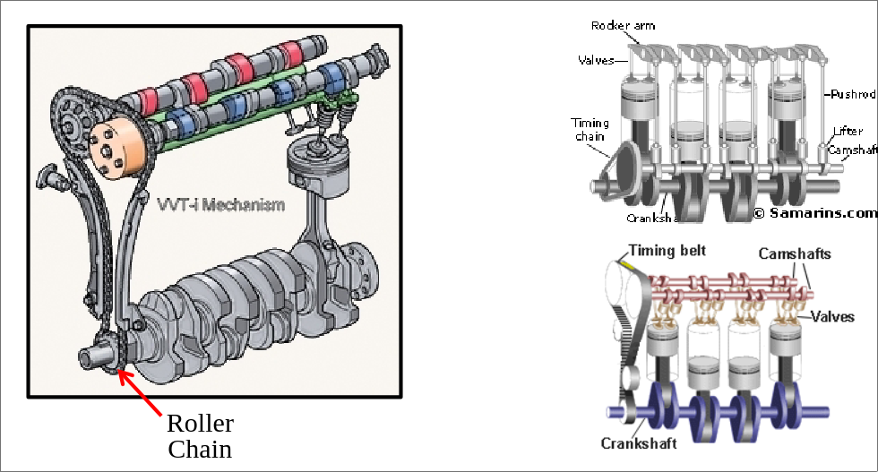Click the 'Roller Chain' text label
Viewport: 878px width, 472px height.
pos(200,435)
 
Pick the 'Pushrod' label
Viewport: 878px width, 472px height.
pos(850,93)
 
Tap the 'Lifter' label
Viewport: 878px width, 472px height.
pos(847,132)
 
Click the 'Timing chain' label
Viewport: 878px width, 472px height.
pos(590,130)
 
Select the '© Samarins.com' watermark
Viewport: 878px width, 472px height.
pos(813,212)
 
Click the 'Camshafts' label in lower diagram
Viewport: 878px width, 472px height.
pos(794,254)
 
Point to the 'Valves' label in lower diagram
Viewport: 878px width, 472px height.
pos(833,317)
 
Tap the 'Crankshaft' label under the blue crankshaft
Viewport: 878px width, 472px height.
pos(638,442)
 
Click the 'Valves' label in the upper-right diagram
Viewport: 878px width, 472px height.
pos(596,60)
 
